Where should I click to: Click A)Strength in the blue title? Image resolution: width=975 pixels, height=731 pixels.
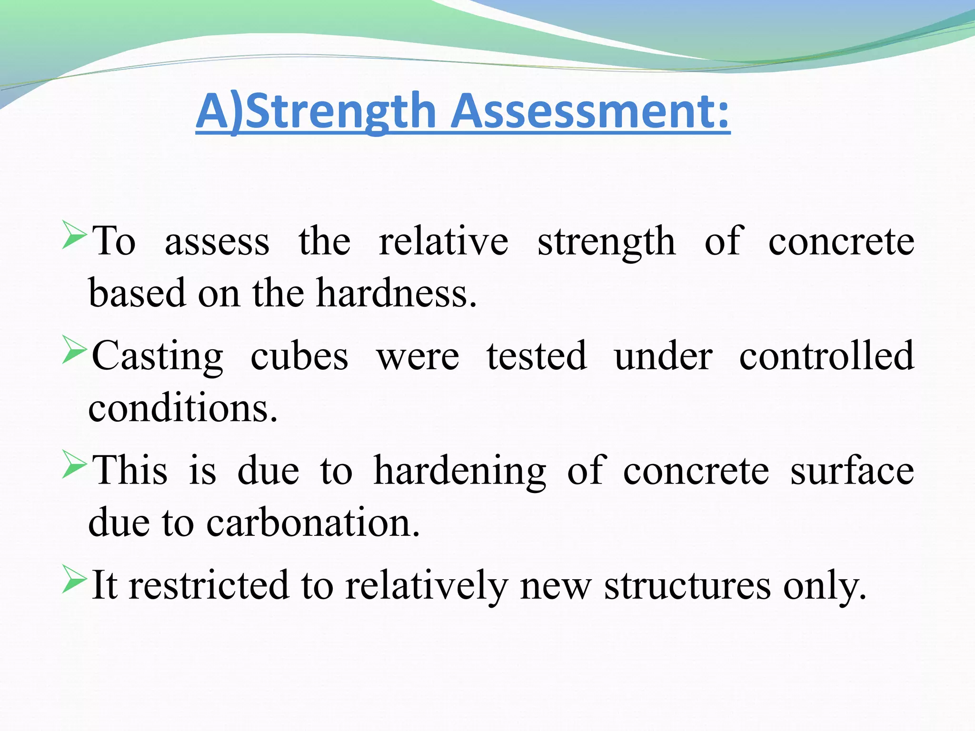coord(316,111)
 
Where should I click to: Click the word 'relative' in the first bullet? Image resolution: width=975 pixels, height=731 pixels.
coord(443,241)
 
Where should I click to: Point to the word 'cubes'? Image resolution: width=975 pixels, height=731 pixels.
coord(299,356)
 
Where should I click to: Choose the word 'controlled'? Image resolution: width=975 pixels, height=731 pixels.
coord(826,356)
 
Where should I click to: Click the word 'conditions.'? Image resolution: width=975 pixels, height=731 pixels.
coord(183,408)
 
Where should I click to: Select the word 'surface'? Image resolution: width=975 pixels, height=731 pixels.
coord(852,471)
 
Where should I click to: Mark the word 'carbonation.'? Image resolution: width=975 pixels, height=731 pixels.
coord(313,523)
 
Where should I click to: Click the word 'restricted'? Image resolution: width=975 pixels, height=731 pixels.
coord(209,585)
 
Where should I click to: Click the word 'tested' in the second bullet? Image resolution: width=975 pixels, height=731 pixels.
coord(537,356)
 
